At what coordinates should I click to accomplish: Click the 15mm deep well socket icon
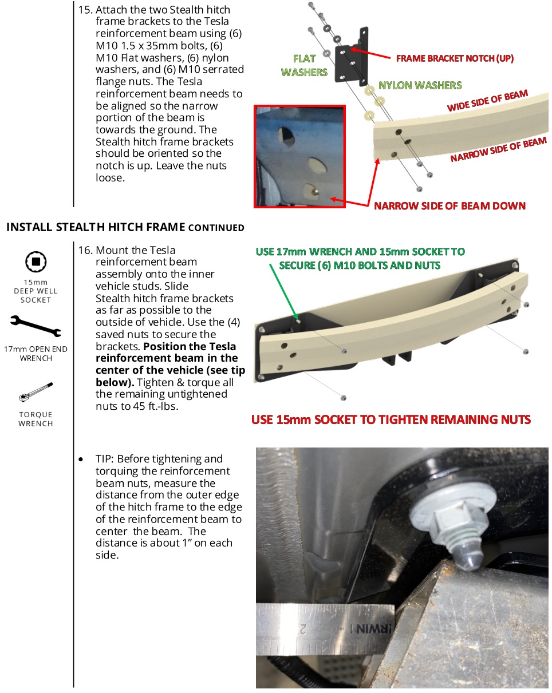click(x=36, y=262)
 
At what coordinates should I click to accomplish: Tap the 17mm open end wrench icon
click(x=36, y=325)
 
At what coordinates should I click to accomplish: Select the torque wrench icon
click(x=36, y=390)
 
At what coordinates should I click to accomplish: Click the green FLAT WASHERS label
click(x=304, y=65)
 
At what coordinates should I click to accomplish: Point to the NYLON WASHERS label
click(x=420, y=85)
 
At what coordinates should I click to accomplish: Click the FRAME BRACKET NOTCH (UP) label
click(x=455, y=58)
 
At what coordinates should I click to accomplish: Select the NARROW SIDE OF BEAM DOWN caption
click(x=450, y=205)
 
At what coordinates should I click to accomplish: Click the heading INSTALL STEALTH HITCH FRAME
click(x=96, y=227)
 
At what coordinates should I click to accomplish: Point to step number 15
click(x=85, y=10)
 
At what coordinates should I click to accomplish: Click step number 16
click(x=85, y=250)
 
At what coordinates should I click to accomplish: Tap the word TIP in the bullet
click(x=104, y=459)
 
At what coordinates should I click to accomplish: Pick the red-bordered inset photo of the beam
click(x=299, y=156)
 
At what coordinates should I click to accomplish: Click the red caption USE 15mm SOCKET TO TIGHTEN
click(x=391, y=419)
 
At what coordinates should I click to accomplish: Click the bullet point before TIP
click(x=83, y=460)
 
